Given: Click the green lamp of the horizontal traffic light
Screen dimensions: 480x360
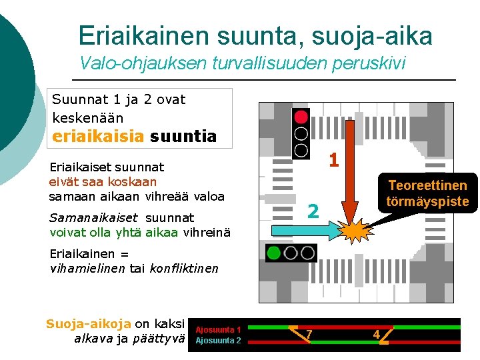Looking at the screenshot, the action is pyautogui.click(x=274, y=253).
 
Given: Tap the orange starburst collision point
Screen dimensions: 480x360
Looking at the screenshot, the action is pyautogui.click(x=352, y=231).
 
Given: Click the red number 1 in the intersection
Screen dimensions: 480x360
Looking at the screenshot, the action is pyautogui.click(x=334, y=161).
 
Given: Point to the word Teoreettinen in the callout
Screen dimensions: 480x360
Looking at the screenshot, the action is pyautogui.click(x=427, y=185).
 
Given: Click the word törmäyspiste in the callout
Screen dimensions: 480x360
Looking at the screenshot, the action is pyautogui.click(x=427, y=201).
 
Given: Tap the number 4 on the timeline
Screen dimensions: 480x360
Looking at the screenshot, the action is pyautogui.click(x=376, y=334).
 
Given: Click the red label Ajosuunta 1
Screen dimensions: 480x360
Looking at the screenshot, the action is pyautogui.click(x=218, y=329).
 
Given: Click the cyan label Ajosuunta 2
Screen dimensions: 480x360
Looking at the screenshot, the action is pyautogui.click(x=218, y=341).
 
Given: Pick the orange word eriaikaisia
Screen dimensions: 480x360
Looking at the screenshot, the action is pyautogui.click(x=98, y=137).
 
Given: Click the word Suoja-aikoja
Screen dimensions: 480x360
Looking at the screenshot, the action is pyautogui.click(x=88, y=324).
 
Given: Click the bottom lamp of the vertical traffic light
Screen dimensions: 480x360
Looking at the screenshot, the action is pyautogui.click(x=301, y=149).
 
